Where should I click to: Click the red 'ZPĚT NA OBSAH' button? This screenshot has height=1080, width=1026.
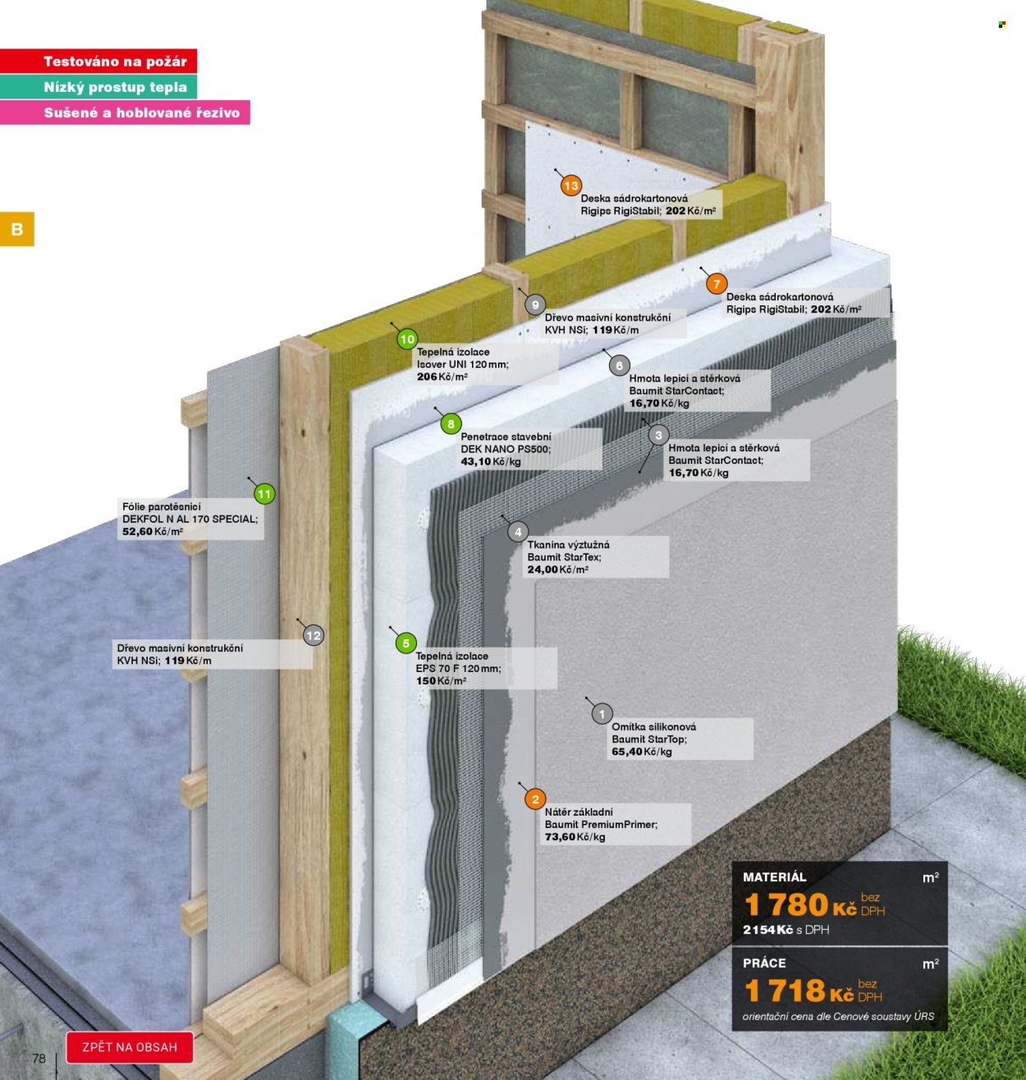tap(130, 1047)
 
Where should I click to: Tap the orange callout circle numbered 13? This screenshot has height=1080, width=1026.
tap(571, 185)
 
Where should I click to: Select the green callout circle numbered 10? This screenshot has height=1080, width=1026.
tap(407, 339)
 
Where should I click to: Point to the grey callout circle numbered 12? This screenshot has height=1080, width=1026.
tap(314, 635)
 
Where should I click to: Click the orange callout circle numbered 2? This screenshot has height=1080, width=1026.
tap(534, 799)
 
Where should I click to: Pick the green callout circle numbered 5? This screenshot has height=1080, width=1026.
tap(405, 643)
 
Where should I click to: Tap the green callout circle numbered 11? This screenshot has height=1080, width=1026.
tap(264, 494)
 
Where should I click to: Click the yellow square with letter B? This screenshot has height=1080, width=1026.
tap(17, 229)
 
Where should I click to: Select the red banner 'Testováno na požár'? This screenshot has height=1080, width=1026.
tap(98, 61)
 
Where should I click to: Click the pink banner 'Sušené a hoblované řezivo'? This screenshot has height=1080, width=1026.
tap(125, 112)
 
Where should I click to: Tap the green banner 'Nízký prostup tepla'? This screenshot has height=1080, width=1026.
tap(98, 87)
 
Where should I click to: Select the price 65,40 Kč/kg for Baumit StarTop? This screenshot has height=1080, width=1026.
tap(641, 752)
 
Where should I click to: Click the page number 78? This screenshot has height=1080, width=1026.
tap(39, 1058)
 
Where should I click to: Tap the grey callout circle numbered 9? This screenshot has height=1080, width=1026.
tap(534, 304)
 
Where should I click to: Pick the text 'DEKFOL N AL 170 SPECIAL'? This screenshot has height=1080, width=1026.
tap(190, 519)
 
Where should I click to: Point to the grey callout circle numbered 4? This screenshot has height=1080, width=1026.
tap(518, 532)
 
